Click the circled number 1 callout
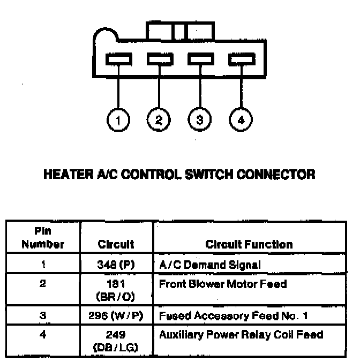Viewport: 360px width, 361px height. [118, 119]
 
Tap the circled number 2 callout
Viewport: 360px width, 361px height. [159, 119]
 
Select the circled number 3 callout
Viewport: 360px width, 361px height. [199, 119]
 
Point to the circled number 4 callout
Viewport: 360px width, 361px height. [240, 119]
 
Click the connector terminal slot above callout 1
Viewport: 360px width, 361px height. [118, 59]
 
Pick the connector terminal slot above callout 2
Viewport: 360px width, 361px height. [159, 59]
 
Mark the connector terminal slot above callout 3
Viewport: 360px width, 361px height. [199, 59]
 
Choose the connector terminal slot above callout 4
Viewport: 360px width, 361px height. [240, 59]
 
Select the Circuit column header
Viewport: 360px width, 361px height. [116, 245]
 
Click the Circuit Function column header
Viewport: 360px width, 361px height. [249, 245]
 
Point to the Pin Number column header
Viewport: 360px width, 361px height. [43, 239]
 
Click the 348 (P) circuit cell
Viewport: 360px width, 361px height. [116, 264]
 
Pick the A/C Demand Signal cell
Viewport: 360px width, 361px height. [210, 264]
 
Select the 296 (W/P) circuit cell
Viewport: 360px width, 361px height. [116, 315]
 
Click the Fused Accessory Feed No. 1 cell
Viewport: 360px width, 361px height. [233, 315]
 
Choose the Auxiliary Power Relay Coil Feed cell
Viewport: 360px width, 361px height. [241, 335]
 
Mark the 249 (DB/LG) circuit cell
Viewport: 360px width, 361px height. [116, 341]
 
